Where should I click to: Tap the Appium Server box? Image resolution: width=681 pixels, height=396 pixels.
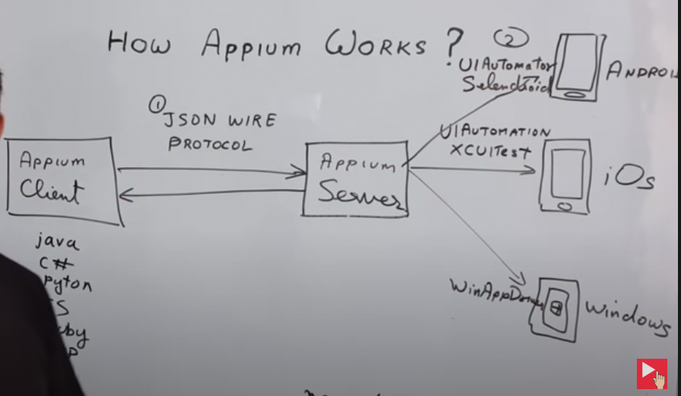click(x=356, y=179)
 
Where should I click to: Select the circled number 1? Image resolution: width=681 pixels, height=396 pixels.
click(x=156, y=105)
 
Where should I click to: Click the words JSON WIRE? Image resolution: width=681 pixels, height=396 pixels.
click(x=220, y=121)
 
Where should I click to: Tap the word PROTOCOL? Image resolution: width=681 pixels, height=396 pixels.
click(x=209, y=144)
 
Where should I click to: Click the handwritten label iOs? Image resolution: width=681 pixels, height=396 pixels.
click(x=628, y=179)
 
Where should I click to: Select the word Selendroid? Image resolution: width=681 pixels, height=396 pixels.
click(x=505, y=84)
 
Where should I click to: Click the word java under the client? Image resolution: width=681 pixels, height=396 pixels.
click(x=57, y=243)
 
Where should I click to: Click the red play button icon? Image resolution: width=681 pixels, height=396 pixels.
click(x=651, y=373)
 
